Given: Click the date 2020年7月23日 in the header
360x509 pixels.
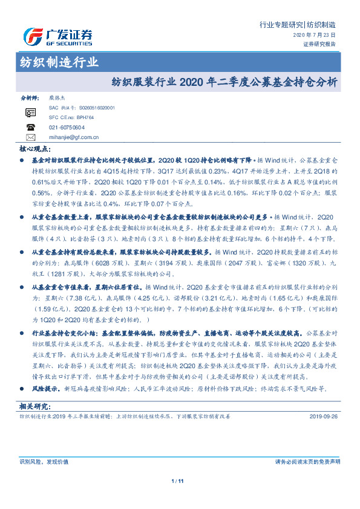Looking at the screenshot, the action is pos(314,36).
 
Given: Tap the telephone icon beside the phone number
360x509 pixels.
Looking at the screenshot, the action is pos(31,127).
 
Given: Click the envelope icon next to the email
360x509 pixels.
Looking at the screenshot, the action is pos(31,137).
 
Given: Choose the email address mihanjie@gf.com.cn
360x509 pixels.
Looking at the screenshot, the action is pos(74,137).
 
